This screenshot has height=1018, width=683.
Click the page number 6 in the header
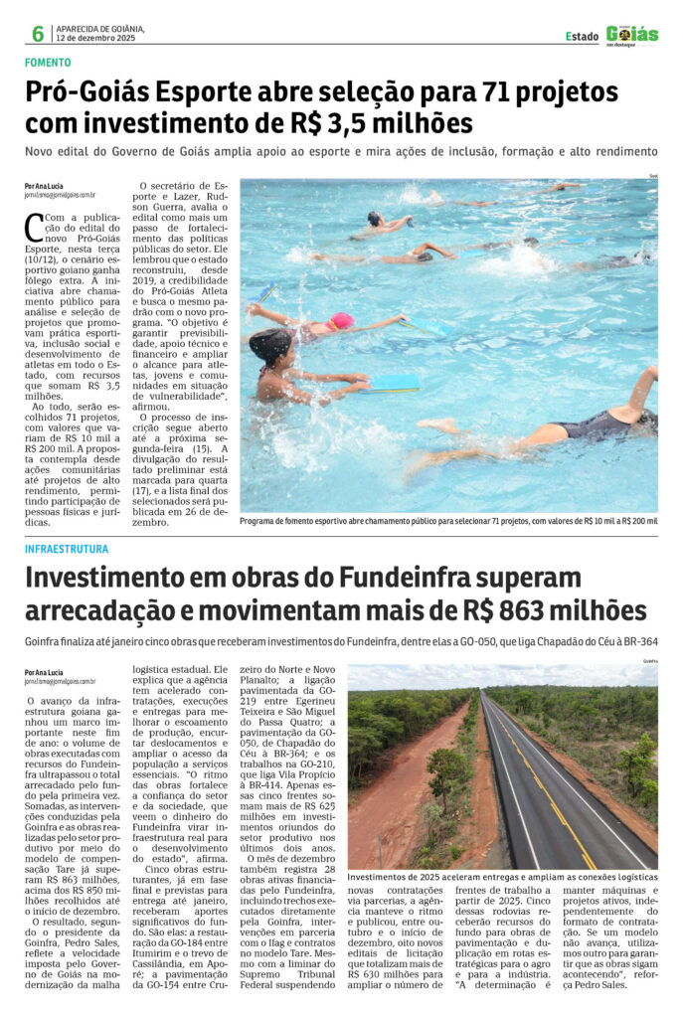tap(38, 34)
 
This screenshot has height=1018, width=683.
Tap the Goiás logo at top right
tap(632, 35)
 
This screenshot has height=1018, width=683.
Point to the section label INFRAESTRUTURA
tap(67, 549)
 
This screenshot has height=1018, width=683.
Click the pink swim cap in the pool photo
tap(341, 321)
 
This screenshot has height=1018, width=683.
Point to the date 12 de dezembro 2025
tap(94, 38)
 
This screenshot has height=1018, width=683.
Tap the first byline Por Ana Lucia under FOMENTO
tap(45, 186)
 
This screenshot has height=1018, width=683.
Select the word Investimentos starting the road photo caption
tap(382, 878)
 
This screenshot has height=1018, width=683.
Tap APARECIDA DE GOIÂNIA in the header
tap(99, 28)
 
